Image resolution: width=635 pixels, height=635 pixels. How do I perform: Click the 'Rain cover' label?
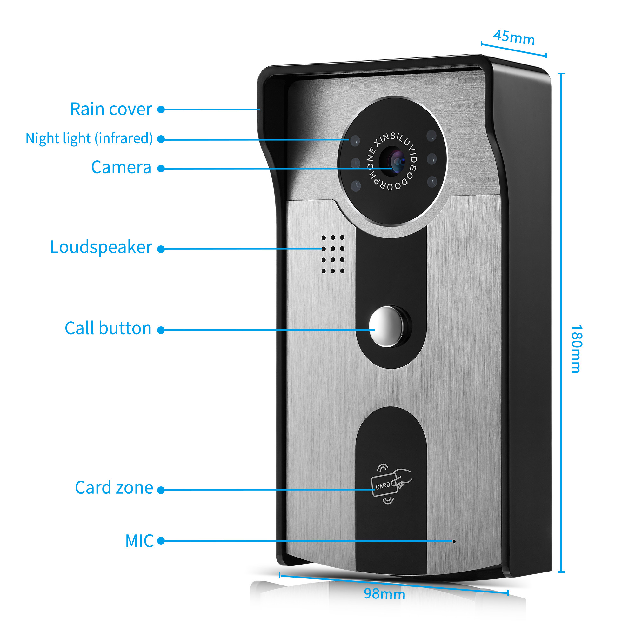(111, 109)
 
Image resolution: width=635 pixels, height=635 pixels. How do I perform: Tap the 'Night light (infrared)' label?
(89, 138)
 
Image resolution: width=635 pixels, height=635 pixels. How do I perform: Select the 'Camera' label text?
(121, 167)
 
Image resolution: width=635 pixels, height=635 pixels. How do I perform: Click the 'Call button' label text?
(108, 328)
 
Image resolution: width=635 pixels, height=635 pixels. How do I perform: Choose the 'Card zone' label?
(114, 487)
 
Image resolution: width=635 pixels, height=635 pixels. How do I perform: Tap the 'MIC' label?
(139, 541)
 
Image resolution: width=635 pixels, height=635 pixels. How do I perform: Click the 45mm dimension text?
(514, 37)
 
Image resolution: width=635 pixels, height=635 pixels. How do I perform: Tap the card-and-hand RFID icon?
(391, 484)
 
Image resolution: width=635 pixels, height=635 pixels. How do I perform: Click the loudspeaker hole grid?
(333, 254)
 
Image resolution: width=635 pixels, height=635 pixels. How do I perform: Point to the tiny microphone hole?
(454, 541)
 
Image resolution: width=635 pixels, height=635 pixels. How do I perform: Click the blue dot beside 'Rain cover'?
(161, 110)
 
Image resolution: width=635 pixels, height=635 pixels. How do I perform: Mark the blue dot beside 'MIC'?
(161, 541)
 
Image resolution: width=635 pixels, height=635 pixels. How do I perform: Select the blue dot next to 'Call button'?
(161, 330)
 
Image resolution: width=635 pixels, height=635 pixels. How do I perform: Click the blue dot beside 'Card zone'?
(161, 490)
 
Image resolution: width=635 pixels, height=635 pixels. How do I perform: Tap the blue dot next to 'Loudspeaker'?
(161, 249)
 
